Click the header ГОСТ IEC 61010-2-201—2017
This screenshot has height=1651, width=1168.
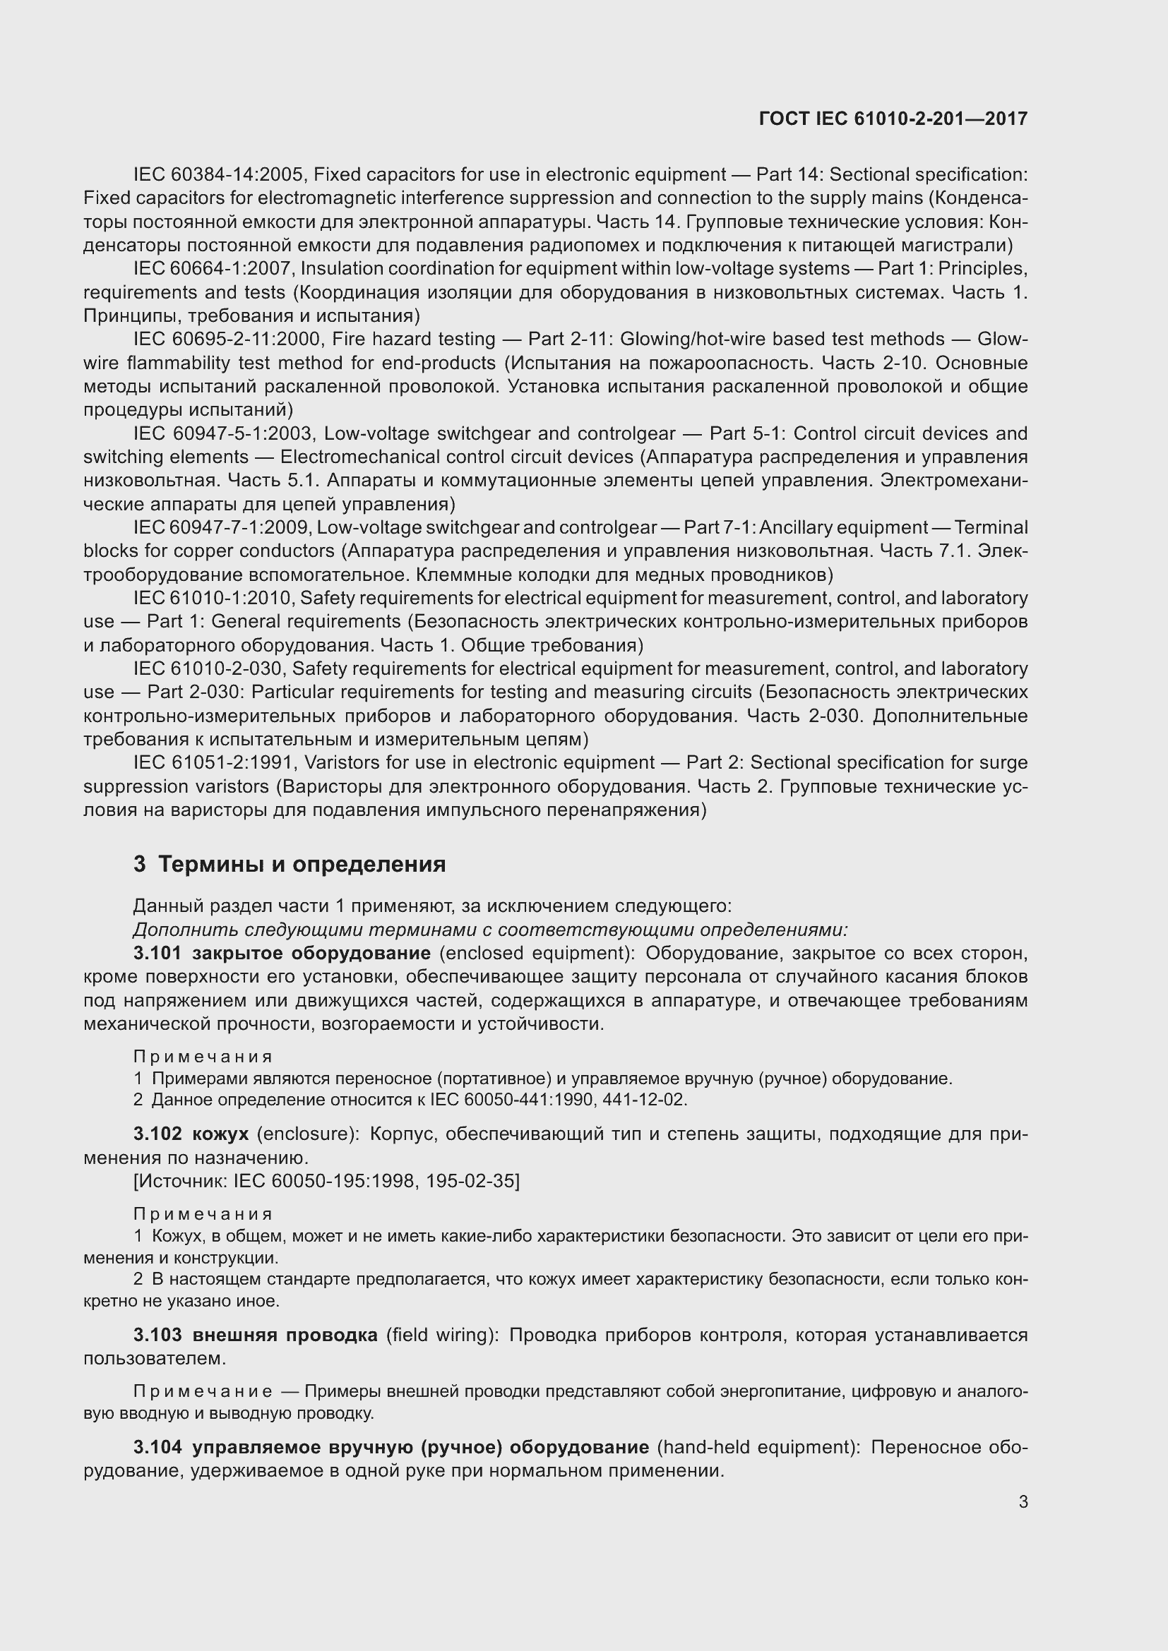(x=893, y=119)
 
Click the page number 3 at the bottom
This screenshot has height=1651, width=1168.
(x=1023, y=1501)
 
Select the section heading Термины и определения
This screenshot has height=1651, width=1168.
(x=302, y=863)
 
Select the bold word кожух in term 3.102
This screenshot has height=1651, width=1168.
(x=220, y=1134)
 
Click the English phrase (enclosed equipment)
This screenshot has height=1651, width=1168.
(x=537, y=954)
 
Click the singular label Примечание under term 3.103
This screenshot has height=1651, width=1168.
(x=203, y=1391)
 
